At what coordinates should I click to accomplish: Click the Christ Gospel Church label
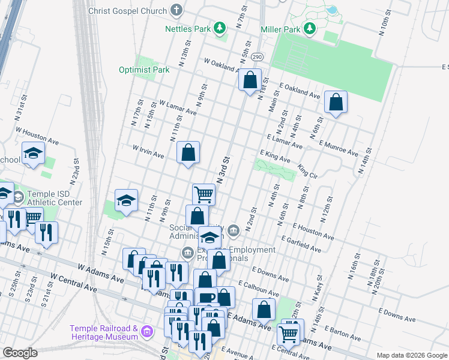[128, 11]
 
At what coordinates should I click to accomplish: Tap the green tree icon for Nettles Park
[220, 28]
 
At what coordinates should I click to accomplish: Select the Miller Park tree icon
[310, 28]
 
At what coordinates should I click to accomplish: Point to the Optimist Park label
[152, 70]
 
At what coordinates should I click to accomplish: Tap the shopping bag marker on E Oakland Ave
[250, 79]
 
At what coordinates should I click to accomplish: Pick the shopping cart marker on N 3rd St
[203, 194]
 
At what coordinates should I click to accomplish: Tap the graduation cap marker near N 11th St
[127, 200]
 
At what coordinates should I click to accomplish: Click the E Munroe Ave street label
[339, 148]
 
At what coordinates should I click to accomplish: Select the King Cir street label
[307, 172]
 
